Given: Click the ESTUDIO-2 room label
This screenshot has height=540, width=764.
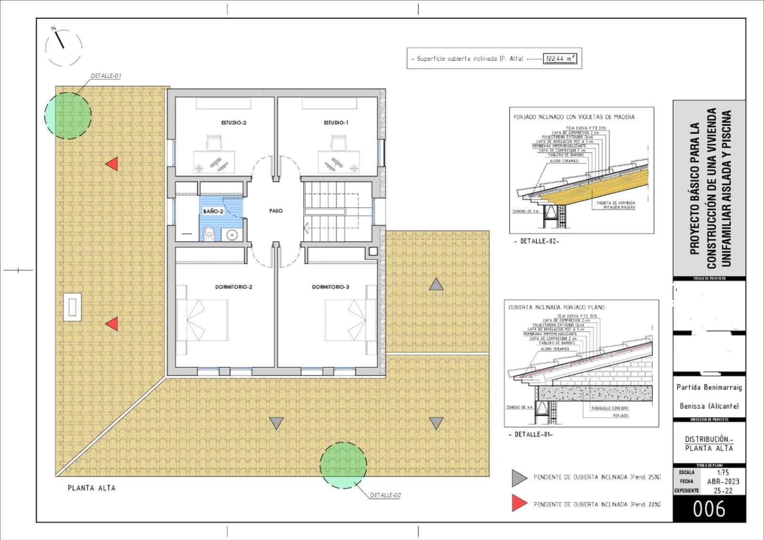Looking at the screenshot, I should [x=233, y=123].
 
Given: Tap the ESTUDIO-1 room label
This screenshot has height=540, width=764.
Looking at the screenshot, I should [x=336, y=123].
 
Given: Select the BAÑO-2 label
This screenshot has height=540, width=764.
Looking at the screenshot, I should [x=213, y=211].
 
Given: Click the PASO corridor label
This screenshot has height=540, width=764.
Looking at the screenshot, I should [x=276, y=211].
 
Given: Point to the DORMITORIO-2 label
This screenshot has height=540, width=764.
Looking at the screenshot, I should [x=233, y=287].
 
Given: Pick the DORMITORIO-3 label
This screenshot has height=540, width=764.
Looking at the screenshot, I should [x=330, y=287].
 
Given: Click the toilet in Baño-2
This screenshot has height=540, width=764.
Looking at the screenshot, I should [x=209, y=234].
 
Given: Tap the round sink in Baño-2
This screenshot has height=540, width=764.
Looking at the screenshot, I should [x=232, y=235].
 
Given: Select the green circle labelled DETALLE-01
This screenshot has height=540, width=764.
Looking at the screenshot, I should [x=68, y=116].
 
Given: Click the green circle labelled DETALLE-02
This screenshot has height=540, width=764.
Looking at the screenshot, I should [x=343, y=465].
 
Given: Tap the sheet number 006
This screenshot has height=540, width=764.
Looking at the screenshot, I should [x=709, y=509].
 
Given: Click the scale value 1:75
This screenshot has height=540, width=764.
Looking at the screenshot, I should [x=723, y=472].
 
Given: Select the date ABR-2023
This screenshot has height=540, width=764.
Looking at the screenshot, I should [x=723, y=481].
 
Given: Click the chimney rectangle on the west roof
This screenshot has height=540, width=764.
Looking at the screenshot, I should [x=72, y=307].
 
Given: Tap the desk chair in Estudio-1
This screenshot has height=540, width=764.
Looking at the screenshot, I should [x=338, y=142].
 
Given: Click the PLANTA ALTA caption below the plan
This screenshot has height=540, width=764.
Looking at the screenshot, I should [x=91, y=488].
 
